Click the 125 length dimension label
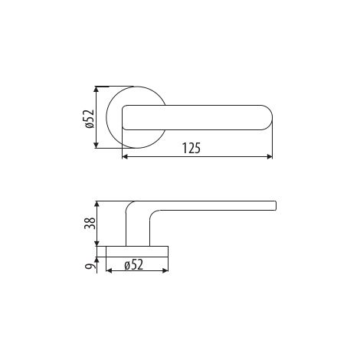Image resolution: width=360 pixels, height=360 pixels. pyautogui.click(x=191, y=148)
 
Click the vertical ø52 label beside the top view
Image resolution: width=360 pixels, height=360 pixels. pyautogui.click(x=90, y=119)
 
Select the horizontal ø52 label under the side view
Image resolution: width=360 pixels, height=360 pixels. pyautogui.click(x=134, y=265)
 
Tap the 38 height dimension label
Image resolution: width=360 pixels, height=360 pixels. pyautogui.click(x=90, y=223)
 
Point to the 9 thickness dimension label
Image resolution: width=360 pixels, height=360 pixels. pyautogui.click(x=90, y=267)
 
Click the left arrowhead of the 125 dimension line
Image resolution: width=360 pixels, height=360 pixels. pyautogui.click(x=125, y=157)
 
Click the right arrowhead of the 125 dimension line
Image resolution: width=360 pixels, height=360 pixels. pyautogui.click(x=270, y=157)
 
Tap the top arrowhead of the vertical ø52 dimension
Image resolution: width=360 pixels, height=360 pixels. pyautogui.click(x=97, y=89)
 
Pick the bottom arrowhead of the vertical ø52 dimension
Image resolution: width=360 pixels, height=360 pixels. pyautogui.click(x=97, y=146)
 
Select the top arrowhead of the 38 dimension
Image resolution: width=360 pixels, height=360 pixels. pyautogui.click(x=97, y=204)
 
